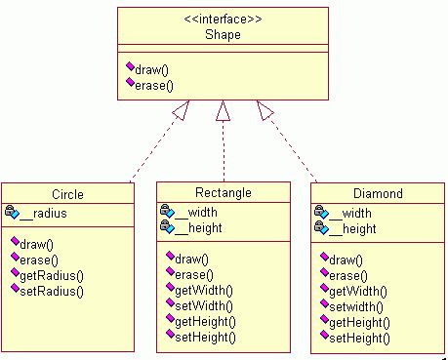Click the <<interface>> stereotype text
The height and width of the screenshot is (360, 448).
(223, 20)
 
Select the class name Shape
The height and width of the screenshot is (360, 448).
(223, 34)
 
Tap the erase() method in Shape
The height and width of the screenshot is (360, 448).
(154, 86)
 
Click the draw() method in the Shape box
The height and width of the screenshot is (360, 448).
(151, 69)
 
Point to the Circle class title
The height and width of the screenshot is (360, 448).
(67, 194)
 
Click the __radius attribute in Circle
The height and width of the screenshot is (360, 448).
(43, 214)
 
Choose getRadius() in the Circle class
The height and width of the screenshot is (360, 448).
(52, 276)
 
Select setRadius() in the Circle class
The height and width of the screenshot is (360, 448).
(52, 291)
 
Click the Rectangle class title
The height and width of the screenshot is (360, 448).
(224, 192)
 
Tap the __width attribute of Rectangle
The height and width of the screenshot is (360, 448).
(196, 213)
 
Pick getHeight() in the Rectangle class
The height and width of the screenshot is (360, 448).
(205, 322)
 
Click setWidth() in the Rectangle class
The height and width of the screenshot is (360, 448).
(204, 306)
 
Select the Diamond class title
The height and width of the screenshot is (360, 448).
(378, 193)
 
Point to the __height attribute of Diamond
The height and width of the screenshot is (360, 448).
(352, 229)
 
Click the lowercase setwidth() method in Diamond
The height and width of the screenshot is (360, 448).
(356, 306)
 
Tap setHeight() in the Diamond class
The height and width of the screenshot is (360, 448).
(359, 339)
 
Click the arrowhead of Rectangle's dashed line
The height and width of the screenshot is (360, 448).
(223, 110)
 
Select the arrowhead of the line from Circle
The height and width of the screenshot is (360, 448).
(182, 109)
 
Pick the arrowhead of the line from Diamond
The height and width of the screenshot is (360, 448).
(265, 109)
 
